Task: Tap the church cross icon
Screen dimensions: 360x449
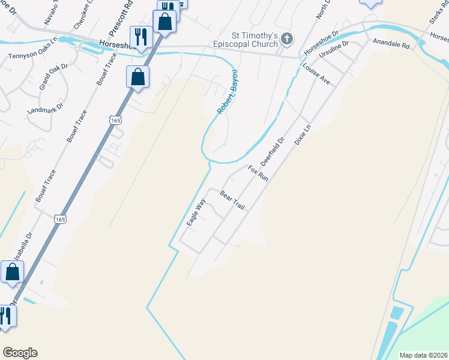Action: pos(287,40)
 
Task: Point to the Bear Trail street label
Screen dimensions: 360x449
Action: pos(233,200)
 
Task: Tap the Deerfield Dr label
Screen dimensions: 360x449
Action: pos(272,153)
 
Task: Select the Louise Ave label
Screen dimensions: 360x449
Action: pos(316,73)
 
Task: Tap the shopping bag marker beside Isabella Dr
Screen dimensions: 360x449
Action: pos(13,272)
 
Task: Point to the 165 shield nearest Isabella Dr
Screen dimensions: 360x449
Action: pos(59,220)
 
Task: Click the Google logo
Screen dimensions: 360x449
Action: pos(20,353)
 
